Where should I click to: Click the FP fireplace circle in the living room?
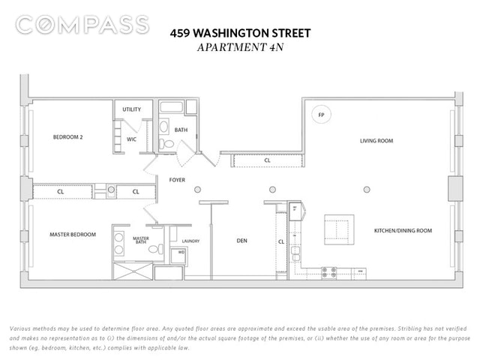pyautogui.click(x=321, y=115)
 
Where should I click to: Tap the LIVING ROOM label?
pyautogui.click(x=376, y=141)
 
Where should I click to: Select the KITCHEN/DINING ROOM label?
pyautogui.click(x=403, y=230)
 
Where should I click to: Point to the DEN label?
pyautogui.click(x=241, y=241)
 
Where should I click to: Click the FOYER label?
pyautogui.click(x=177, y=180)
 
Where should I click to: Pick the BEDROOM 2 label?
pyautogui.click(x=67, y=137)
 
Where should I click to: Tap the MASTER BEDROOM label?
pyautogui.click(x=73, y=235)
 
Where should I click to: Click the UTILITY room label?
pyautogui.click(x=132, y=109)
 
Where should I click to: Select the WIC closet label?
pyautogui.click(x=132, y=139)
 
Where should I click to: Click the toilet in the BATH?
pyautogui.click(x=166, y=143)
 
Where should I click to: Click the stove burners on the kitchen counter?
pyautogui.click(x=328, y=273)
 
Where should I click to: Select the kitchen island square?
pyautogui.click(x=339, y=229)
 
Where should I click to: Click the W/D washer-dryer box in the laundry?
pyautogui.click(x=178, y=256)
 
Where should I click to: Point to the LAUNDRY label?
pyautogui.click(x=190, y=241)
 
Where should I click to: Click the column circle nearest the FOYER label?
pyautogui.click(x=197, y=190)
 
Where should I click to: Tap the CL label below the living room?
pyautogui.click(x=267, y=160)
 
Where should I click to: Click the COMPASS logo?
pyautogui.click(x=82, y=25)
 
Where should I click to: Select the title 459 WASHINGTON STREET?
pyautogui.click(x=240, y=33)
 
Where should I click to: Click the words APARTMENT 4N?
pyautogui.click(x=240, y=47)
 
